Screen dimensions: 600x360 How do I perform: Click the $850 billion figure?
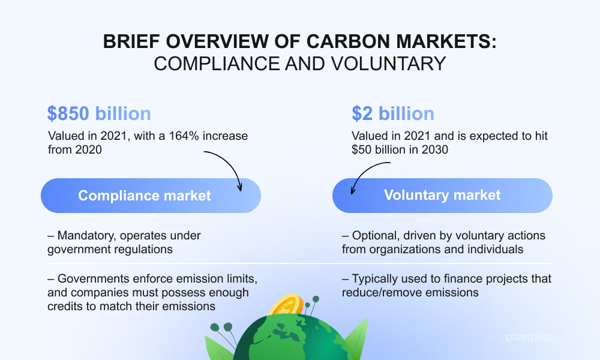pyautogui.click(x=99, y=113)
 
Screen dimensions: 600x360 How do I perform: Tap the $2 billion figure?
pyautogui.click(x=393, y=113)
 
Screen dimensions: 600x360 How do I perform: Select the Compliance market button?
pyautogui.click(x=151, y=196)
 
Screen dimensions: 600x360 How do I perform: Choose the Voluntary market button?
pyautogui.click(x=442, y=196)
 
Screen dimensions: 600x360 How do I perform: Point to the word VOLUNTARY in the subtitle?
pyautogui.click(x=388, y=64)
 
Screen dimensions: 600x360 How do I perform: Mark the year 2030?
pyautogui.click(x=434, y=149)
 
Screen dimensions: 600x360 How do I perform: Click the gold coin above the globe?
pyautogui.click(x=286, y=305)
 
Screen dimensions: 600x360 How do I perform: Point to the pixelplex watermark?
pyautogui.click(x=529, y=337)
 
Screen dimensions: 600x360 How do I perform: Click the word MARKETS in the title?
pyautogui.click(x=446, y=41)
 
